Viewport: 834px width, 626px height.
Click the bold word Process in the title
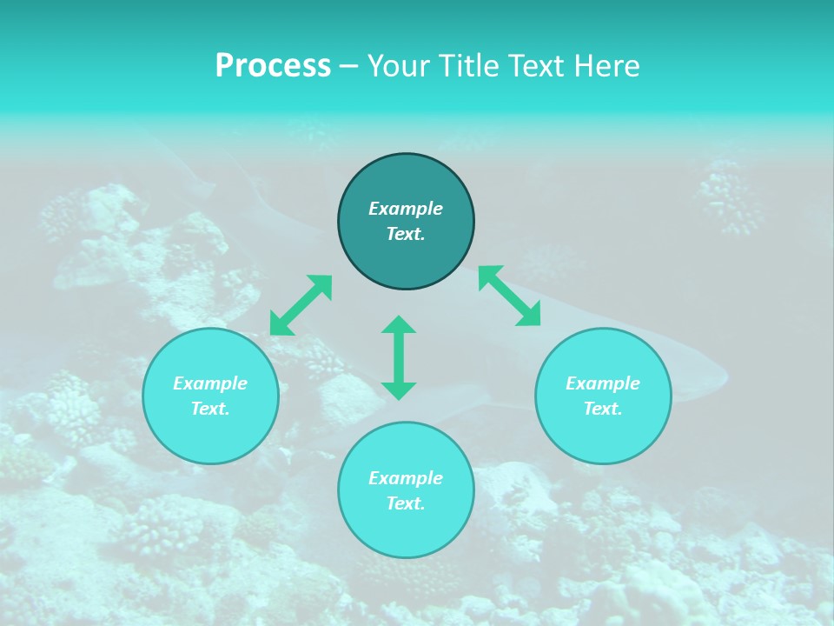coord(273,66)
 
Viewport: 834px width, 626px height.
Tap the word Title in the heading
coord(469,66)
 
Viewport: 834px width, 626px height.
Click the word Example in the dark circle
coord(406,209)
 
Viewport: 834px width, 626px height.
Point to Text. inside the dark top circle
coord(406,234)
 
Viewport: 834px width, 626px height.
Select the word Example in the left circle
coord(210,383)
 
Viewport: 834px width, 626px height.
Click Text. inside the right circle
coord(603,409)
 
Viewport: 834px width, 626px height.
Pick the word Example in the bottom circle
coord(406,478)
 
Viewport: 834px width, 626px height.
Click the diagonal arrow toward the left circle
coord(301,305)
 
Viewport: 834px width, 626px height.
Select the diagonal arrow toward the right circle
coord(510,296)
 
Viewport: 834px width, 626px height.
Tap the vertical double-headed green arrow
coord(399,357)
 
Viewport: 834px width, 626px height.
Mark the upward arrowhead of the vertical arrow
coord(399,324)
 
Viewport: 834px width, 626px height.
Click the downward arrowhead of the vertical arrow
coord(399,390)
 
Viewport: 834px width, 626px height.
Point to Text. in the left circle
coord(210,409)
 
